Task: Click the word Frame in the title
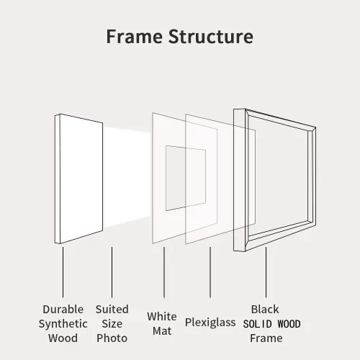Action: pos(134,37)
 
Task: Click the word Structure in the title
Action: pos(210,37)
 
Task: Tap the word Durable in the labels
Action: pos(63,309)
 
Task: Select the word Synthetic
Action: pos(63,324)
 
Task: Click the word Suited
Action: pos(112,309)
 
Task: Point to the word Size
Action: pos(112,323)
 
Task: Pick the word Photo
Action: pos(112,338)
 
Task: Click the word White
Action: pos(162,316)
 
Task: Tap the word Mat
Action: pos(162,331)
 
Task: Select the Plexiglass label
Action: pos(210,323)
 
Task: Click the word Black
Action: pos(265,309)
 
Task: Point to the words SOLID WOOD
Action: pos(271,324)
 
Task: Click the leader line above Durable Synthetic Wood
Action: pos(63,272)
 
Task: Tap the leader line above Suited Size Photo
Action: pos(112,272)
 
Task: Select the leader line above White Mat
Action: pos(164,272)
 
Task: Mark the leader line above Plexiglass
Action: pos(210,272)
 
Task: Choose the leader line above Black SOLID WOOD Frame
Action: pos(266,272)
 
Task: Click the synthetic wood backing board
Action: pos(79,179)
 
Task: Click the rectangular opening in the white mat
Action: pos(186,178)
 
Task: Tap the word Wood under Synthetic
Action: pos(63,338)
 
